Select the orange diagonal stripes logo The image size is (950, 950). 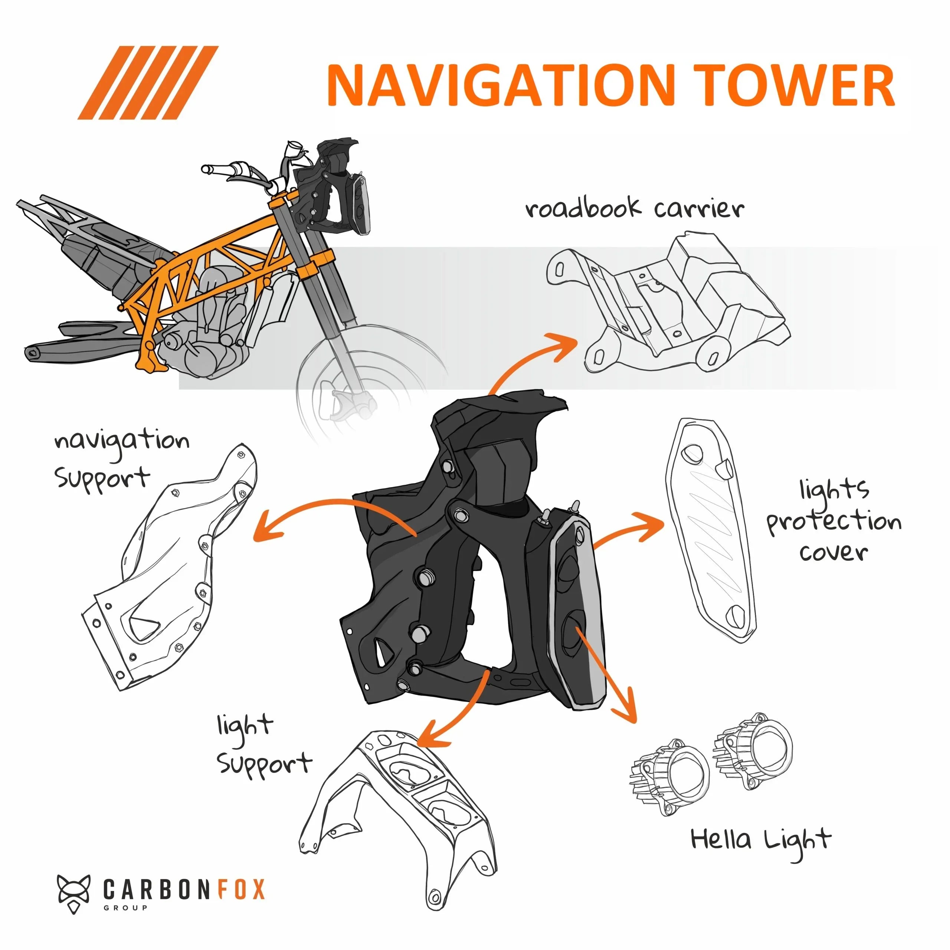tap(148, 83)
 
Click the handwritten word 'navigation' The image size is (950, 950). tap(122, 441)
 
